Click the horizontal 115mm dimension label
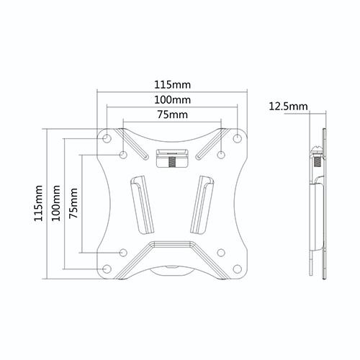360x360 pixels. [172, 85]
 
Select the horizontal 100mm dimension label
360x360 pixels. [172, 100]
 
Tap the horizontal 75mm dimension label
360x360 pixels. [172, 114]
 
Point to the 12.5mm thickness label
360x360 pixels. [288, 106]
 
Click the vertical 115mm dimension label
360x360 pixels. [38, 203]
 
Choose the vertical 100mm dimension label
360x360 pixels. [56, 203]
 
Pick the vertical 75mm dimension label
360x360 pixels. [73, 203]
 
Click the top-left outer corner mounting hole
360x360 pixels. [107, 138]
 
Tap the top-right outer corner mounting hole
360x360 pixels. [237, 138]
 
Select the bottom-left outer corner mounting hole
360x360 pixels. [107, 269]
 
